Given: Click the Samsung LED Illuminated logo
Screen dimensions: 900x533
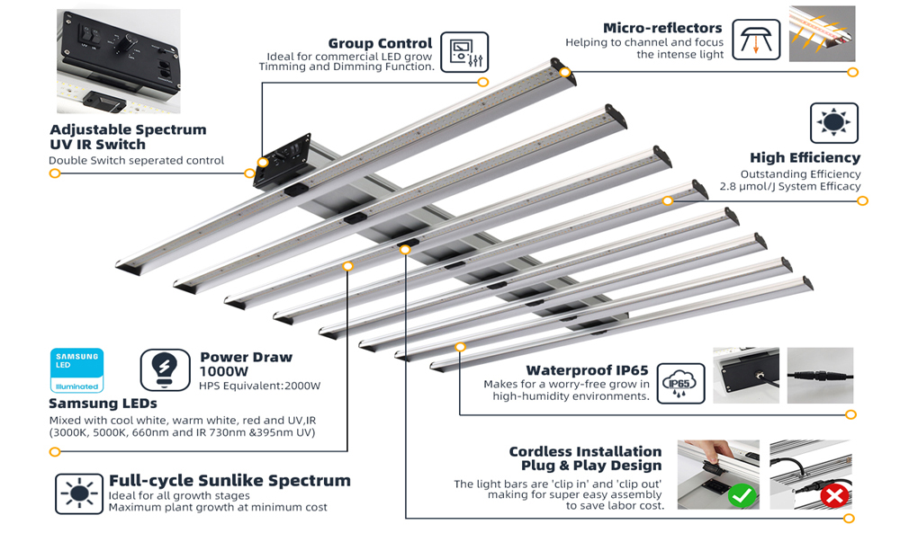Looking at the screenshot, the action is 76,370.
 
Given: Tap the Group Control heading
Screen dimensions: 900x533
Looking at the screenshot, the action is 380,43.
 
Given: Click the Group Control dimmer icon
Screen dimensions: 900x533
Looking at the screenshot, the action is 464,52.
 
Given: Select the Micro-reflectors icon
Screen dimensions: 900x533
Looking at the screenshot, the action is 756,40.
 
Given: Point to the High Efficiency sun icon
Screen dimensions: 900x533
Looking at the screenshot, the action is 834,122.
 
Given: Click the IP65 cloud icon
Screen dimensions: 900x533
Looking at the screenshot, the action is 680,384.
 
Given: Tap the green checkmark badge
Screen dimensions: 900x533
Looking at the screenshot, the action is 742,494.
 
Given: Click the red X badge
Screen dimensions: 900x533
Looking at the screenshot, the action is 834,494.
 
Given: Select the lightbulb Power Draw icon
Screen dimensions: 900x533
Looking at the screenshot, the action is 166,370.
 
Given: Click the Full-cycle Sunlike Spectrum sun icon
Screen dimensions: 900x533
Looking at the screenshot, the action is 79,493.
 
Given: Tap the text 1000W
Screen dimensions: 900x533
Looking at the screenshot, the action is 224,371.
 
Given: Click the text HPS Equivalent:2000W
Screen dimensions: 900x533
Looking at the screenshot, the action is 259,386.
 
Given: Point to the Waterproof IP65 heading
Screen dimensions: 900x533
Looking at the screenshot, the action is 587,370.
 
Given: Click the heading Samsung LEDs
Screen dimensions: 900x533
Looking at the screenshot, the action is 103,404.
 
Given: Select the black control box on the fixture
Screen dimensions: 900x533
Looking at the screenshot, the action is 283,162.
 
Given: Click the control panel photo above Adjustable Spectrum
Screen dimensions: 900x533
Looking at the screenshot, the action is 118,61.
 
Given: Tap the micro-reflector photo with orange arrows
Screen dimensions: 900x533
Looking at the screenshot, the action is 822,34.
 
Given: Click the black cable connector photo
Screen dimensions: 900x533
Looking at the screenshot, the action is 820,376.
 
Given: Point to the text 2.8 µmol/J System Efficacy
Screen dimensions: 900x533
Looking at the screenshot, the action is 790,186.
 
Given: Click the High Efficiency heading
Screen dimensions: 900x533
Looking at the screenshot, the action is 805,157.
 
